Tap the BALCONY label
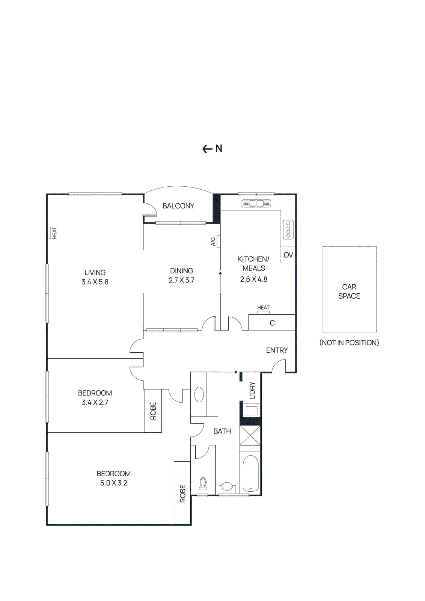[x=178, y=206]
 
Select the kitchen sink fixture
[x=256, y=204]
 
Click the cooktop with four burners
[x=288, y=230]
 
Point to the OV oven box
[x=288, y=255]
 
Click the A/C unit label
[x=213, y=242]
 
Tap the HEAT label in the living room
[x=55, y=233]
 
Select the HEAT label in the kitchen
[x=263, y=308]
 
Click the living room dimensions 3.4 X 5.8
[x=95, y=282]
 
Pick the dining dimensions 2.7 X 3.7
[x=181, y=280]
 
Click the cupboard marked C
[x=272, y=323]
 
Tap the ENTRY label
[x=277, y=350]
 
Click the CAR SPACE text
[x=349, y=291]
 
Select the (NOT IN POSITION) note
[x=349, y=343]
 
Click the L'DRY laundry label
[x=252, y=390]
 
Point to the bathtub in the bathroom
[x=250, y=473]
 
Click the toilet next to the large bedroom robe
[x=203, y=483]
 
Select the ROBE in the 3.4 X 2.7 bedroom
[x=153, y=411]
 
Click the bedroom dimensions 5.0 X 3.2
[x=113, y=483]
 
